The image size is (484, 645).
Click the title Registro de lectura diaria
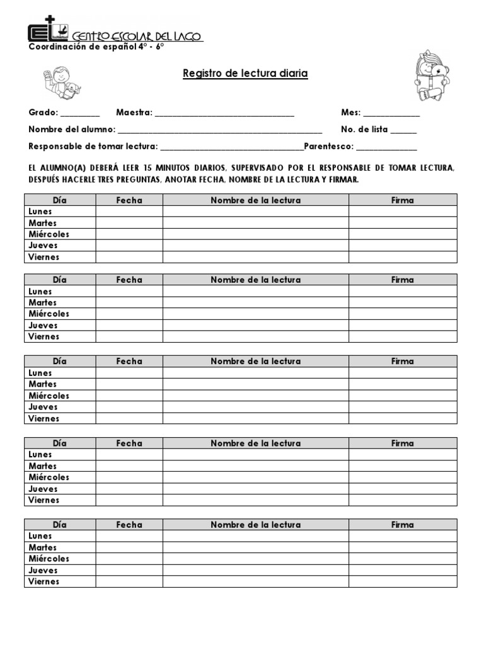point(245,74)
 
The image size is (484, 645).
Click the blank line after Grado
point(80,114)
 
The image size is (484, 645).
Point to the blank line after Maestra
point(224,114)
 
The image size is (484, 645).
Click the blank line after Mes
point(391,114)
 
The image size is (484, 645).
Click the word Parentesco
point(329,147)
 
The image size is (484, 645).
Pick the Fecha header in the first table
point(129,200)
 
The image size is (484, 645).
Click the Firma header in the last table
point(402,525)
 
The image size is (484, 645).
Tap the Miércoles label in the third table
point(49,396)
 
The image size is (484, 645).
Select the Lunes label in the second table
point(40,292)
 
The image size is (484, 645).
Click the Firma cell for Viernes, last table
point(403,581)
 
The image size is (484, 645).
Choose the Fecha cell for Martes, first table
point(129,223)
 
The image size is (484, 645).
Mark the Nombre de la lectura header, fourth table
point(255,443)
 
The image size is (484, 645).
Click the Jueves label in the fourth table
point(43,489)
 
